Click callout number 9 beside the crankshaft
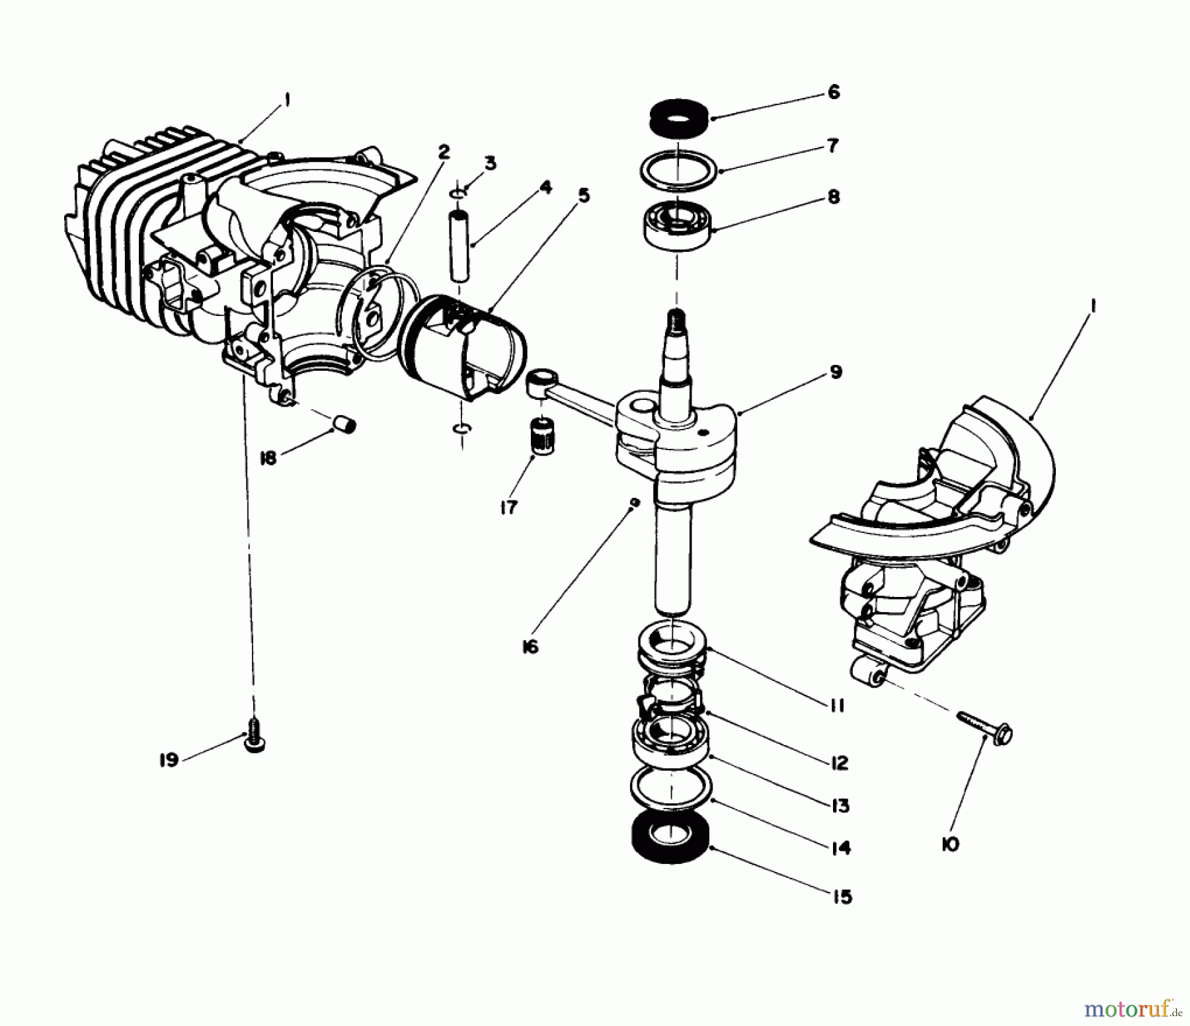836,372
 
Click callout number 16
530,646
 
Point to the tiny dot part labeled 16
635,502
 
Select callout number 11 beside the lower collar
836,706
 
